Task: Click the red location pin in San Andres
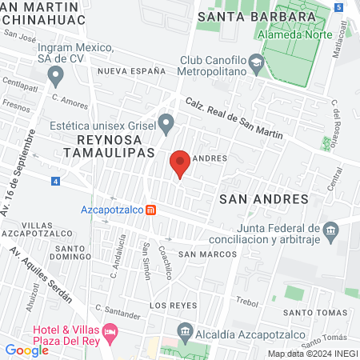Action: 180,162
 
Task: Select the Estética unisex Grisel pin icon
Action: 166,123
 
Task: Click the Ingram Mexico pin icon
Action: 55,76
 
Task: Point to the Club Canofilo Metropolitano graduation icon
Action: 254,62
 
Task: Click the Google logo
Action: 26,350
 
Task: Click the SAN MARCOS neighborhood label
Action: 207,254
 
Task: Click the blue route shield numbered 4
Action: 54,182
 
